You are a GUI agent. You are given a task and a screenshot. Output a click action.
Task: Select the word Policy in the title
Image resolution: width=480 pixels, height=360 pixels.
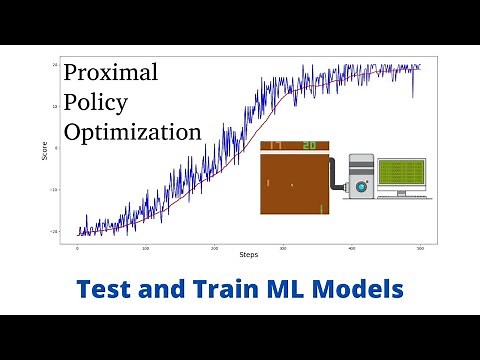tap(98, 102)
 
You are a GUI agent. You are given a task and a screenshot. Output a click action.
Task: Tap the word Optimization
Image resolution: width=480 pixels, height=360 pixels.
tap(132, 132)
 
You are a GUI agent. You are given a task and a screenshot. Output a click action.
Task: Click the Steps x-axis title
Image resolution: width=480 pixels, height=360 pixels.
tap(248, 255)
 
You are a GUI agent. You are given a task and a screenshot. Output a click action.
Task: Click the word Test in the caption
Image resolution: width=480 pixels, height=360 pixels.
tap(106, 290)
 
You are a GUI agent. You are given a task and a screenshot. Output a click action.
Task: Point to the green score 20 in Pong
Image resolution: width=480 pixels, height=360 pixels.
tap(309, 146)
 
